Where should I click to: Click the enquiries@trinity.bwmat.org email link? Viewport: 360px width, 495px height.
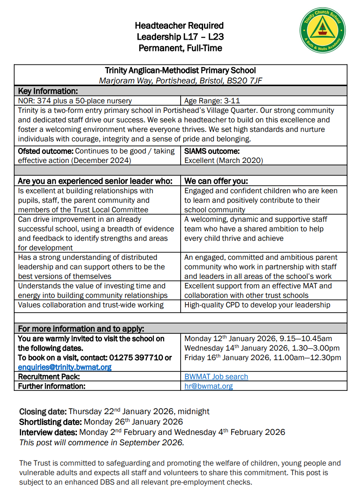[x=64, y=367]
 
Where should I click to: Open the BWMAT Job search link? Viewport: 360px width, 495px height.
[x=216, y=377]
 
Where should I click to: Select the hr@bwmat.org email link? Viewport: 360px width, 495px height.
[x=208, y=386]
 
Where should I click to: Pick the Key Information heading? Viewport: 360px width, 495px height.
[x=48, y=91]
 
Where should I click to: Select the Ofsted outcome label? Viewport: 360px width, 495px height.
[x=46, y=151]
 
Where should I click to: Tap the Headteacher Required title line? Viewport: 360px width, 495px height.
[x=179, y=26]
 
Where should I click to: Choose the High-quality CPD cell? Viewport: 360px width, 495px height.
[x=257, y=305]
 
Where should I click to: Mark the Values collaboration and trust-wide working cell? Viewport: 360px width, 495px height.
[x=91, y=305]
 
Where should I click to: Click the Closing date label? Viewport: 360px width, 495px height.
[x=43, y=411]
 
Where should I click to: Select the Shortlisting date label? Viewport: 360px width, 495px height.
[x=51, y=422]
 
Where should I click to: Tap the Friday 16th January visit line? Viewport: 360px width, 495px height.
[x=262, y=358]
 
